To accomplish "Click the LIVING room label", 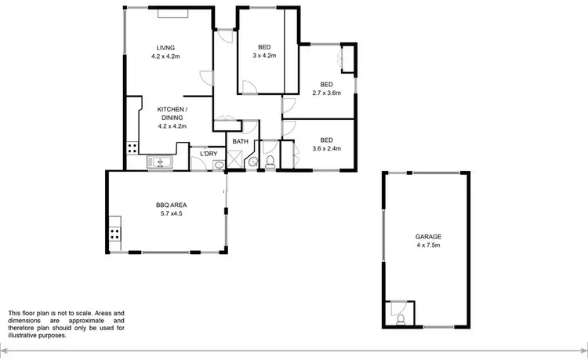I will click(165, 47).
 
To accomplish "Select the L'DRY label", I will click(208, 153).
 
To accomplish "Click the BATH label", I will click(240, 142).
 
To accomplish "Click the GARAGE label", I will click(429, 236).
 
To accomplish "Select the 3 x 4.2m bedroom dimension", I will click(263, 56).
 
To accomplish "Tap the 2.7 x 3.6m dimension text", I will click(326, 93).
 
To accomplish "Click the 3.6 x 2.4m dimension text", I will click(326, 148).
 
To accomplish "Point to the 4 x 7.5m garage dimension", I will click(429, 245).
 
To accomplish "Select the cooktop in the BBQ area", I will click(115, 233).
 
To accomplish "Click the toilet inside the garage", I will click(401, 318).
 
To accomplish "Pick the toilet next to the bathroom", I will click(269, 162).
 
